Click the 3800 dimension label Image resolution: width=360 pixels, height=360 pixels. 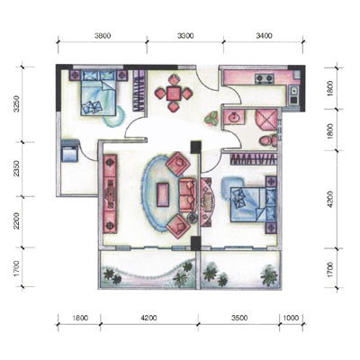[103, 36]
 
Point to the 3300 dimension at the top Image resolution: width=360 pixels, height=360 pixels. [185, 36]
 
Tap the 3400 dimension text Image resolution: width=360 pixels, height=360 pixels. [265, 36]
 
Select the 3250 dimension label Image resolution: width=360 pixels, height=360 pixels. [16, 104]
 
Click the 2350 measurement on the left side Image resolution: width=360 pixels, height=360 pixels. [16, 168]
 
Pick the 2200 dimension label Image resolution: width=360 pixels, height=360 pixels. [16, 220]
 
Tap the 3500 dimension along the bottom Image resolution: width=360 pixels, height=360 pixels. [239, 318]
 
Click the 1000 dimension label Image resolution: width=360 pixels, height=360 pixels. [291, 318]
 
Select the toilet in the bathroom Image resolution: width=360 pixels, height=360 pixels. [268, 140]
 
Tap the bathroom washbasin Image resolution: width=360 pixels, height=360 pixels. [234, 117]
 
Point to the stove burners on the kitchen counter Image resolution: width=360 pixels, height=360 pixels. [265, 78]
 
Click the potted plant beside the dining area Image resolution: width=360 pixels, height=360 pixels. [211, 118]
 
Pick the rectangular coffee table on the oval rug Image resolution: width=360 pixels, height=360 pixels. [163, 195]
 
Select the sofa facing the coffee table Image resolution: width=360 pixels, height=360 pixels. [187, 195]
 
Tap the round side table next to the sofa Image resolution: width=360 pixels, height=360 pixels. [192, 218]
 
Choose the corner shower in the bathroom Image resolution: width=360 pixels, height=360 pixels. [266, 120]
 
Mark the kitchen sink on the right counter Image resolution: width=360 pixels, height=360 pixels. [293, 90]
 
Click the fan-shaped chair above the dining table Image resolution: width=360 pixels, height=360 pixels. [174, 80]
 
